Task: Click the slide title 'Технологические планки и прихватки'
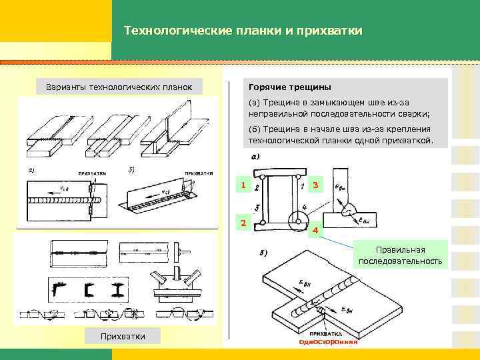coord(243,31)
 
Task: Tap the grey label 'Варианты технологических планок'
coord(119,87)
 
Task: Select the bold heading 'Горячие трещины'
coord(289,87)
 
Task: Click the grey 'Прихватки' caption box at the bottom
coord(122,335)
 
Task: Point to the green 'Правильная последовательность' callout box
coord(400,255)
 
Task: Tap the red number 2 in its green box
coord(244,223)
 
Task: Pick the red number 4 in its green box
coord(315,231)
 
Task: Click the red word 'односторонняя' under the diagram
coord(328,342)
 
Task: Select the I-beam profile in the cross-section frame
coord(120,289)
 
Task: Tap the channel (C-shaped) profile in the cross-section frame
coord(89,289)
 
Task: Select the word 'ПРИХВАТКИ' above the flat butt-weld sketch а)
coord(93,173)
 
